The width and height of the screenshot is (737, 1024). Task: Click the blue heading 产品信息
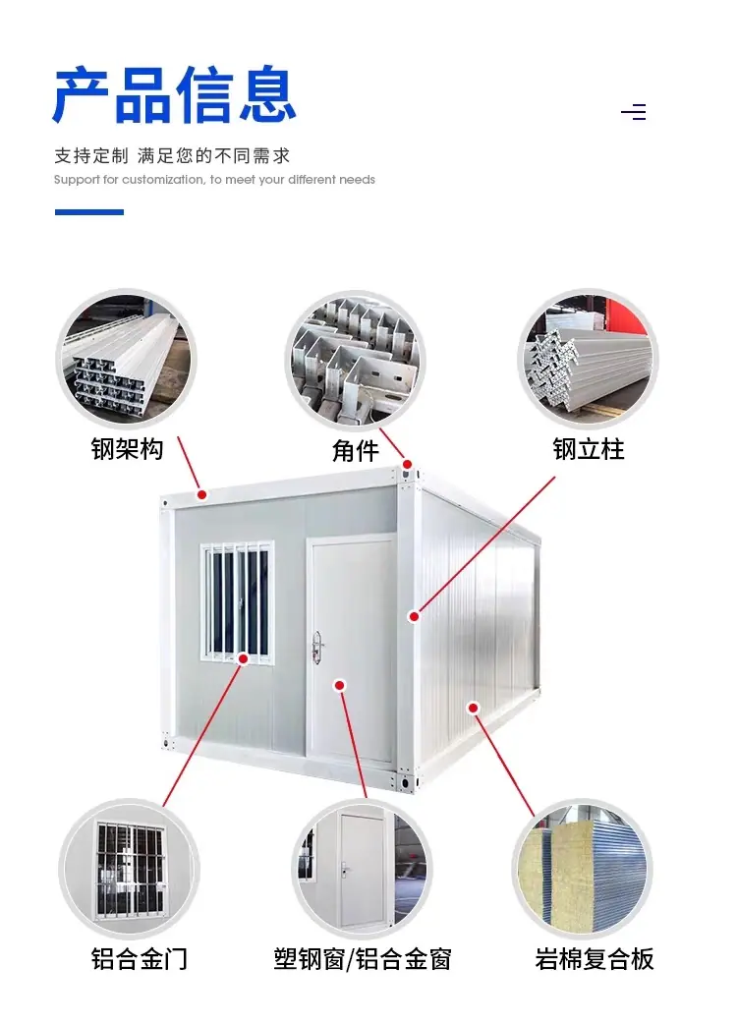[174, 94]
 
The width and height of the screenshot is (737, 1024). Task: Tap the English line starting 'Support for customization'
[214, 180]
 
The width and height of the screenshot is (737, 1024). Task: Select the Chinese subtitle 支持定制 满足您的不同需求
[172, 155]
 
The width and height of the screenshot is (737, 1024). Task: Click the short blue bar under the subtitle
[89, 211]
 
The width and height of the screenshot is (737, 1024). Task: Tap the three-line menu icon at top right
[633, 112]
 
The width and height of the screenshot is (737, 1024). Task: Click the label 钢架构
[128, 449]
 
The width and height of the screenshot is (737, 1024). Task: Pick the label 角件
[356, 451]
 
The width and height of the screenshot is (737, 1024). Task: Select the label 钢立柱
[589, 449]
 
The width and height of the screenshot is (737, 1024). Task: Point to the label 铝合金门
[139, 959]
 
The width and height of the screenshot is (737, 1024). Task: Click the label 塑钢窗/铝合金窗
[363, 959]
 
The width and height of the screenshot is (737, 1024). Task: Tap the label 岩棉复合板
[595, 959]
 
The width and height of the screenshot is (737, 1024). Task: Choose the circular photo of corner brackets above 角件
[356, 359]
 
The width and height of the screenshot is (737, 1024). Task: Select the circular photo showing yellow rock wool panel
[583, 869]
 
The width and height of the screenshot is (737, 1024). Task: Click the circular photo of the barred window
[130, 869]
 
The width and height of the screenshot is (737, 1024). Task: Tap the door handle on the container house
[318, 646]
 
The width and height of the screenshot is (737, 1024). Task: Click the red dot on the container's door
[339, 685]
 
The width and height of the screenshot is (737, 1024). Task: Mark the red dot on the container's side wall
[474, 708]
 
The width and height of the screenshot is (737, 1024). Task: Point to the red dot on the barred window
[243, 659]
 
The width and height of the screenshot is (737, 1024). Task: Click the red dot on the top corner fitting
[408, 464]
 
